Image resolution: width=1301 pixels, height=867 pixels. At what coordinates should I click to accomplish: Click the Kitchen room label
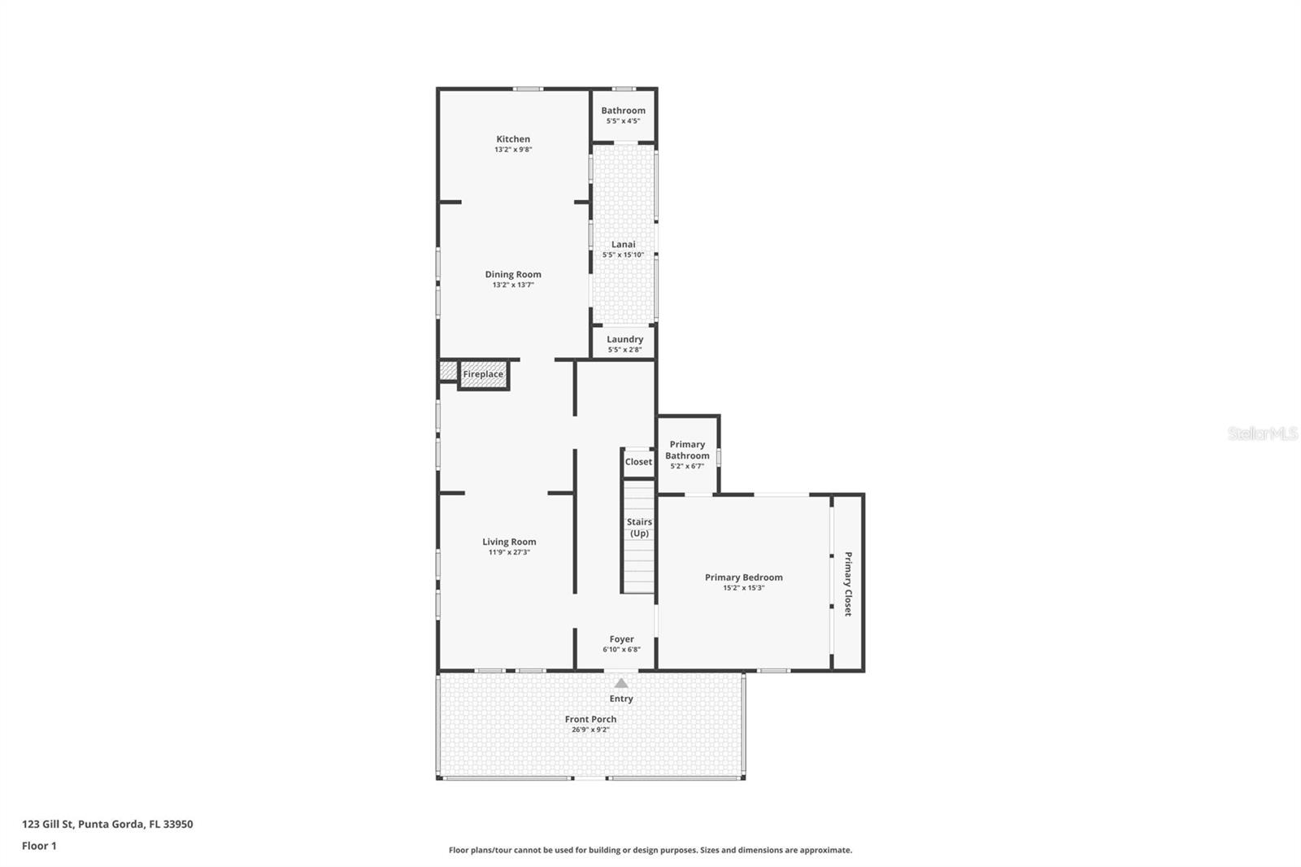point(513,139)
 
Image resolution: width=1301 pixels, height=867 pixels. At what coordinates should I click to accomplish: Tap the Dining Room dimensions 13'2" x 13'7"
point(513,285)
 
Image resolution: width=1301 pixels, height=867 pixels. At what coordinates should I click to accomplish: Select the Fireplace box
point(483,374)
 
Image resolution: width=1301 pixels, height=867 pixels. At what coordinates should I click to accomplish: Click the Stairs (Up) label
point(639,528)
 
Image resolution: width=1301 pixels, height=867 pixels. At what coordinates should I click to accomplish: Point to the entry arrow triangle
point(621,683)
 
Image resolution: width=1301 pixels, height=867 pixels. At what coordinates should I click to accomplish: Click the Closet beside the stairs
point(638,462)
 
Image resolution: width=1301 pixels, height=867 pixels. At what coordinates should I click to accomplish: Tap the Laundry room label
point(624,339)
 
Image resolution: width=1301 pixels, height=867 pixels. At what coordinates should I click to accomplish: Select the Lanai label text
point(624,244)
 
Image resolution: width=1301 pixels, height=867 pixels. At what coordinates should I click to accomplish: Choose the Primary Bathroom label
point(687,450)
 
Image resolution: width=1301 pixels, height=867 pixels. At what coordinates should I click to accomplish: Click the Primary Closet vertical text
point(847,584)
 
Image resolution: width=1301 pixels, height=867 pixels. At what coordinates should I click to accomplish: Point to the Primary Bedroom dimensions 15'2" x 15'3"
point(743,588)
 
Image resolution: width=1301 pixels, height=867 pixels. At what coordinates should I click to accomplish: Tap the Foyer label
point(621,639)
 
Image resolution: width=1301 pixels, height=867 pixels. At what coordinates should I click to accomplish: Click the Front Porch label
point(590,719)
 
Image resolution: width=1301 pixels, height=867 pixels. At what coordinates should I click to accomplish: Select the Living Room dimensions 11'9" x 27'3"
point(509,552)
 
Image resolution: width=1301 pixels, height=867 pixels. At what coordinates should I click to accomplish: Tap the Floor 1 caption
point(39,846)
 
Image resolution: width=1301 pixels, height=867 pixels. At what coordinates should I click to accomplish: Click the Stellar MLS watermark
point(1262,434)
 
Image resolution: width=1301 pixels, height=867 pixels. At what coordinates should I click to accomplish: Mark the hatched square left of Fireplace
point(448,371)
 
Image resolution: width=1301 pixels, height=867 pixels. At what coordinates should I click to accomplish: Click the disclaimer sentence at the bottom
point(650,850)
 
